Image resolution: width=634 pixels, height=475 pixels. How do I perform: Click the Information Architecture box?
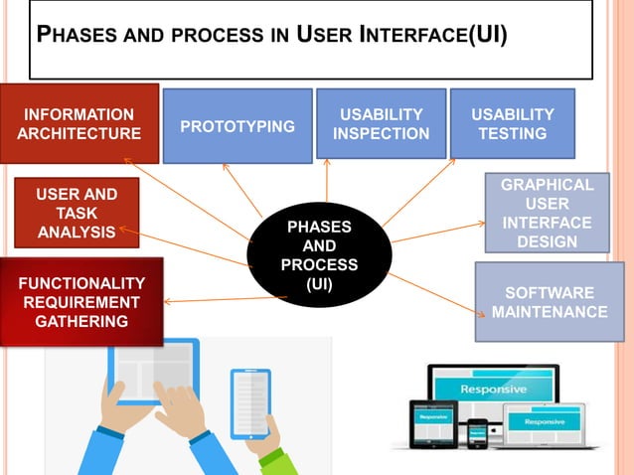tap(79, 123)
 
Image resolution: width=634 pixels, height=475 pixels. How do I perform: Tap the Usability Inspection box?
tap(381, 123)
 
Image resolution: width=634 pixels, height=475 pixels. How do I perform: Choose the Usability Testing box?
tap(512, 123)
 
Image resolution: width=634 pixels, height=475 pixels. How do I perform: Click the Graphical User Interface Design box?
tap(547, 213)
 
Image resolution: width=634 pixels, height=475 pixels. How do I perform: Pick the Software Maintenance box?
tap(550, 302)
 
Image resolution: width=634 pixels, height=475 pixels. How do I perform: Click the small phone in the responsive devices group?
tap(478, 433)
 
